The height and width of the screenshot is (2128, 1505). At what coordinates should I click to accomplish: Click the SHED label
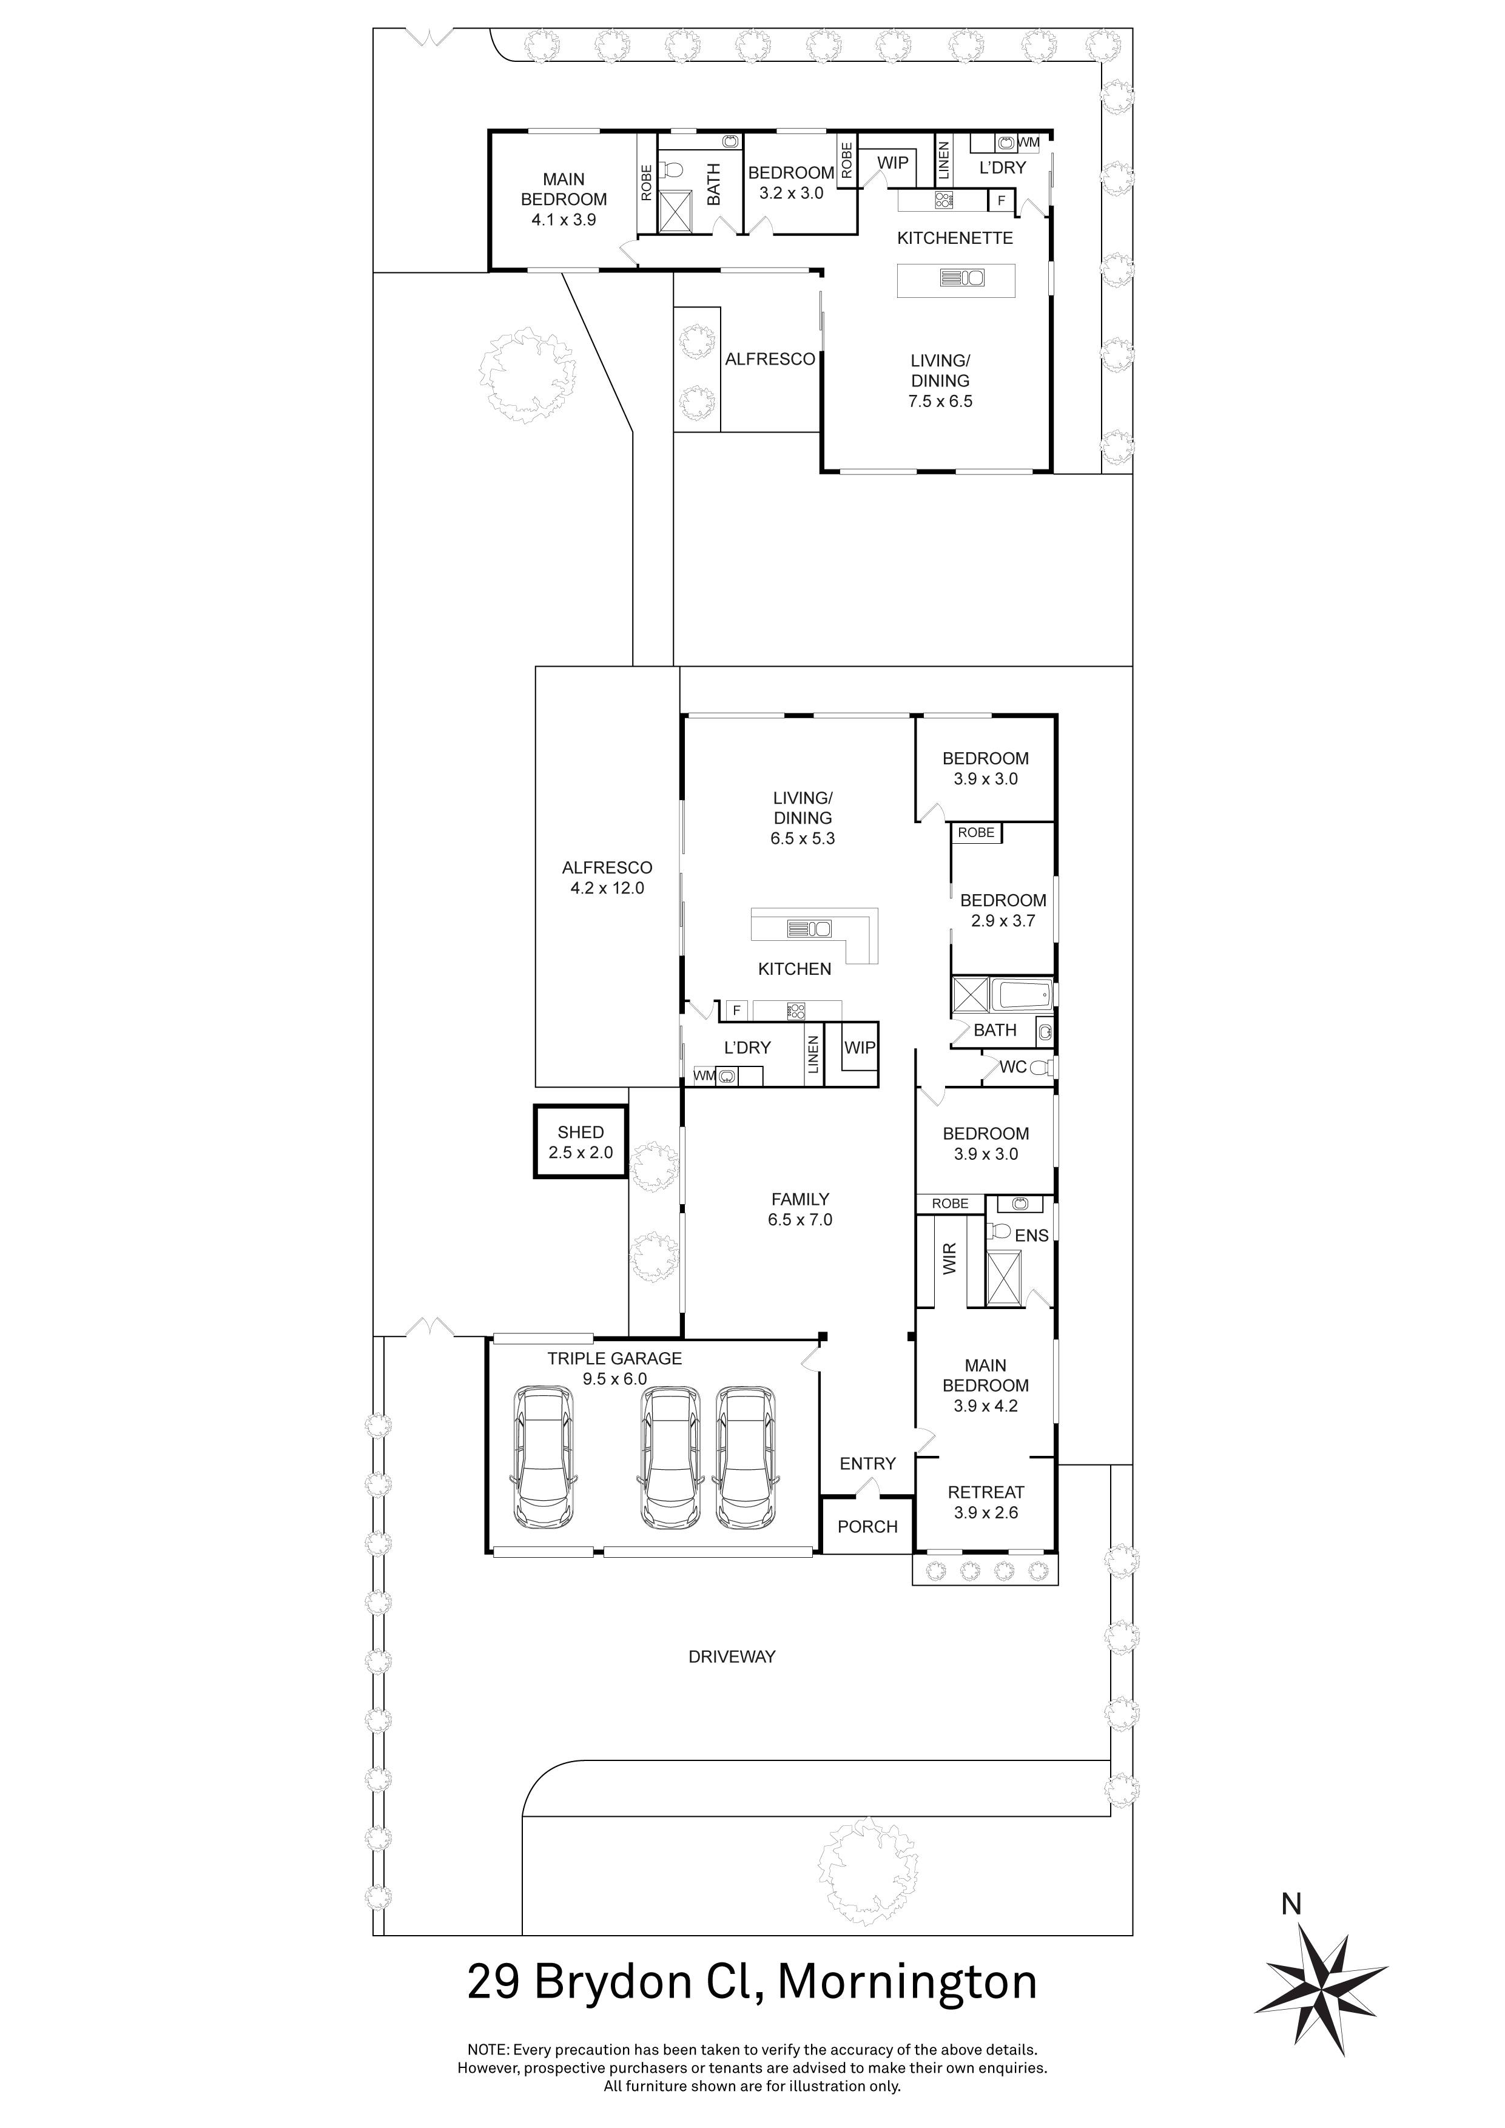[580, 1133]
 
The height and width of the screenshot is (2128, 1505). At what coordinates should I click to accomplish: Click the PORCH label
[867, 1526]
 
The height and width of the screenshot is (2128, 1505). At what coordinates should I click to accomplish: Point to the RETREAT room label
[985, 1492]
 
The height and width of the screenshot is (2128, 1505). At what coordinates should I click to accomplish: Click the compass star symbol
[1322, 1986]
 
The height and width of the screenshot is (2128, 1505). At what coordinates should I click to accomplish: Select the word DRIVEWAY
[732, 1656]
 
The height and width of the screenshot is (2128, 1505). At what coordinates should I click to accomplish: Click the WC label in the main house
[1013, 1067]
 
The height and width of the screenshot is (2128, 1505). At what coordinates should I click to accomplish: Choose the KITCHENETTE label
[955, 238]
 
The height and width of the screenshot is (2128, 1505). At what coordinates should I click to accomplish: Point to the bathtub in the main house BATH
[1022, 997]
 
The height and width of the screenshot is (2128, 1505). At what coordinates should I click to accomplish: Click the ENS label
[1031, 1236]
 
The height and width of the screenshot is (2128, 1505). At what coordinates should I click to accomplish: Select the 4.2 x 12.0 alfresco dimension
[607, 888]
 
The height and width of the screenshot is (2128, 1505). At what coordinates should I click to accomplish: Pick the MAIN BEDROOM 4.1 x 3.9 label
[564, 199]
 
